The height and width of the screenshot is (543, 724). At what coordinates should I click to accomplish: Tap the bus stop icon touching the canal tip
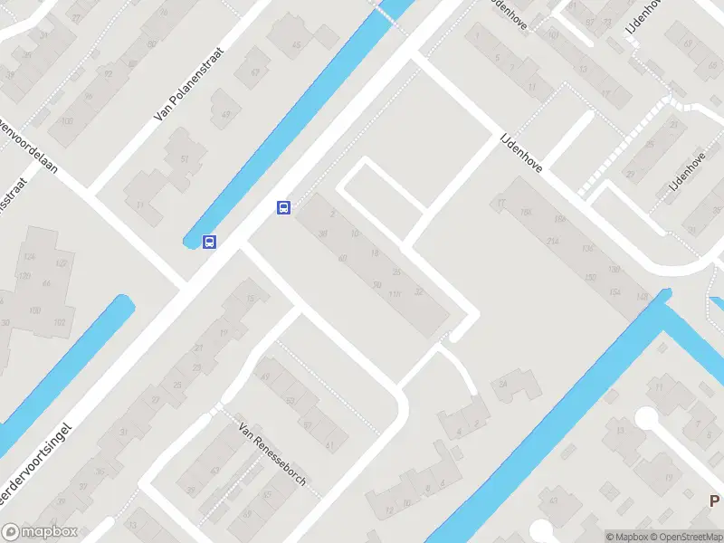[x=210, y=242]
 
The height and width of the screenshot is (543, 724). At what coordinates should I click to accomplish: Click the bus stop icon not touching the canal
[x=283, y=208]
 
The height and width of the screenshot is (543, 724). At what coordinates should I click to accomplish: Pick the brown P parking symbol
[x=714, y=500]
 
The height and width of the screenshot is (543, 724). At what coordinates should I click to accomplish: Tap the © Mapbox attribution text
[x=627, y=537]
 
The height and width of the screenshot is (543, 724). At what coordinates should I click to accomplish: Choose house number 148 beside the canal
[x=643, y=298]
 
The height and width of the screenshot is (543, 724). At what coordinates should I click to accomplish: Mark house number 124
[x=30, y=258]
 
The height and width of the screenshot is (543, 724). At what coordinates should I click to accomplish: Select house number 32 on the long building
[x=418, y=291]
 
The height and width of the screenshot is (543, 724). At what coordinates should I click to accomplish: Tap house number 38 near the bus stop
[x=323, y=233]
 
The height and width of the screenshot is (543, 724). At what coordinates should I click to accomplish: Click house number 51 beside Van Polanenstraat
[x=185, y=159]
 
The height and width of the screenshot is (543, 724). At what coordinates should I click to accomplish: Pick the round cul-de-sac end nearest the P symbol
[x=646, y=418]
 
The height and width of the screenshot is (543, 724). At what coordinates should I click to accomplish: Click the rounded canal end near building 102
[x=125, y=304]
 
